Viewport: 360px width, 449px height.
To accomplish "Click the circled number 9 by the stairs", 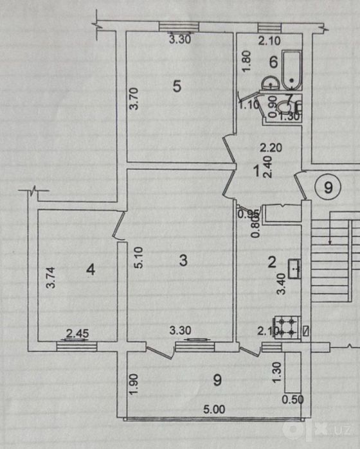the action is point(328,188).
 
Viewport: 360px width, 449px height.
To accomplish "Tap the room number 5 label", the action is point(177,86).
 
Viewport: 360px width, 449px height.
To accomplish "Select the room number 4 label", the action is point(91,269).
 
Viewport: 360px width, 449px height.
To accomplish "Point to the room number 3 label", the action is point(183,260).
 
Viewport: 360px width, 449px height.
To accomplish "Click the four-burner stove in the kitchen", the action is point(287,328).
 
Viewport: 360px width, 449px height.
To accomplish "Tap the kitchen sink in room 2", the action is point(294,269).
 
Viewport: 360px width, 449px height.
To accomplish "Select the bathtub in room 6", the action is point(292,69).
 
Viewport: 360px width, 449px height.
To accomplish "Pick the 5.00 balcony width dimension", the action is point(214,409).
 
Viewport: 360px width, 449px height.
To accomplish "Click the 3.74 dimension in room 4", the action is point(51,277).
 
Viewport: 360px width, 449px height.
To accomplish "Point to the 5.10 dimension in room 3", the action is point(138,258).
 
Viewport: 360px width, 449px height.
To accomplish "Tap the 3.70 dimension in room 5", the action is point(134,99).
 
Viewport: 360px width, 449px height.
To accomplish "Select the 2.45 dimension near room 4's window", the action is point(77,333).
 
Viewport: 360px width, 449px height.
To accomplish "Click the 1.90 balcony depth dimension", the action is point(134,384).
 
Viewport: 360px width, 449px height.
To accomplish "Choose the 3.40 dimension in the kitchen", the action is point(282,284).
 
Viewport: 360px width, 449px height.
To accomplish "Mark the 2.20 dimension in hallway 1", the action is point(271,148).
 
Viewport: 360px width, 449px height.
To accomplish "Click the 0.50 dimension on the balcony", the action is point(292,400).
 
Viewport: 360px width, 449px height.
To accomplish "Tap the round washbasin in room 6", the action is point(270,83).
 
